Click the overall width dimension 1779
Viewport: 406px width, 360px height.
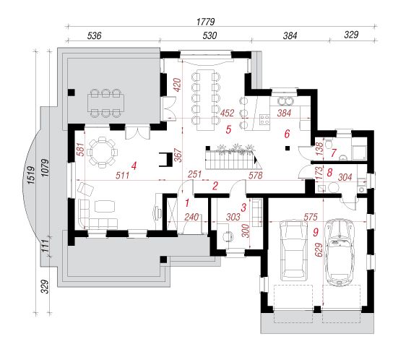pos(206,22)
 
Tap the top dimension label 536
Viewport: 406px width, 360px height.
pos(94,35)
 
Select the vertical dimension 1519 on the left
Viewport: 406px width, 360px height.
pos(31,175)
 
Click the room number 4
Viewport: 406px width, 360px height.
pos(134,166)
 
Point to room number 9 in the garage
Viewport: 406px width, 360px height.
pos(316,232)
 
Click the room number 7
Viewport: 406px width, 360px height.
pos(333,153)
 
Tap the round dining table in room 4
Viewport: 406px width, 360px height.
pos(102,152)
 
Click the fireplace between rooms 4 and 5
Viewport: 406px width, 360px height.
pos(165,159)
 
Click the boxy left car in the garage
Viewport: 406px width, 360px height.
pos(293,250)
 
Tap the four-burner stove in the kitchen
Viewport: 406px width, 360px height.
pos(264,119)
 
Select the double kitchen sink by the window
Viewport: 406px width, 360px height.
pos(285,100)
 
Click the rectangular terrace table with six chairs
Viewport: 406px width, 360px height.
pos(105,103)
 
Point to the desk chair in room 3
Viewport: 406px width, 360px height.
pos(228,236)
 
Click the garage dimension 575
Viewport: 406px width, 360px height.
pos(310,217)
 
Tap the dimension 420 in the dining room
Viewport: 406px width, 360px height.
pos(178,85)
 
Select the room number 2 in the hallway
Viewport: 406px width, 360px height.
pos(215,186)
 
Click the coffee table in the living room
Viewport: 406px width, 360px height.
pos(105,207)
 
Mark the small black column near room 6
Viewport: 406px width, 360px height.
pos(287,148)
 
